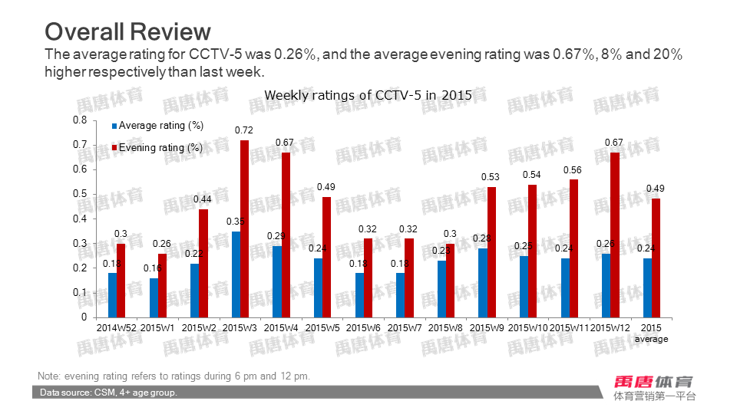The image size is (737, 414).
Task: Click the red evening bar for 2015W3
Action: (x=245, y=228)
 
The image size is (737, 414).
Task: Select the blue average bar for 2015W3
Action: (x=236, y=274)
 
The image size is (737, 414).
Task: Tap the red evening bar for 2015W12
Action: (x=615, y=235)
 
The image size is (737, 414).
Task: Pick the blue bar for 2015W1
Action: (x=154, y=297)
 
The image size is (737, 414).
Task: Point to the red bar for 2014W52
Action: (x=121, y=280)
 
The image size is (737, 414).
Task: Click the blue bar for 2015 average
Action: (x=647, y=287)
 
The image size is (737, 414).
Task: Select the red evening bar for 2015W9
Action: (x=491, y=251)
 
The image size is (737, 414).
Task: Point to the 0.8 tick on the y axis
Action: (x=80, y=120)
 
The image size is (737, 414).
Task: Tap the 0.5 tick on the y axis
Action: (x=80, y=194)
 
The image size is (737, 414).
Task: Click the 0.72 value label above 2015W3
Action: (x=244, y=131)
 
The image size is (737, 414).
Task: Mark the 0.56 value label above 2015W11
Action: (x=573, y=170)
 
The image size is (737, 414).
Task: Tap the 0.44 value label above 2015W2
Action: (x=203, y=199)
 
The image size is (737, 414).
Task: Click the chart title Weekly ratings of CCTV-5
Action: (x=368, y=95)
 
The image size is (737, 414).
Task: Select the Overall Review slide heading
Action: (x=127, y=31)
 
